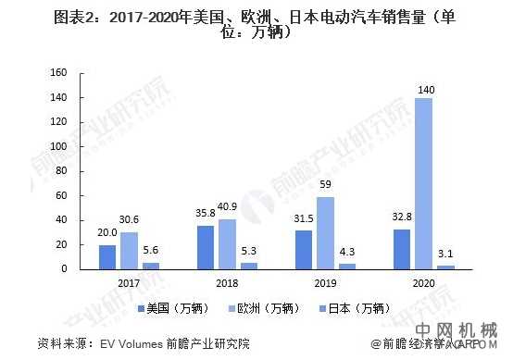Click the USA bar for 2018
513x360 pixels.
206,247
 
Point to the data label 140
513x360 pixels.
423,89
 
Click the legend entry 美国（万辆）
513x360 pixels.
181,306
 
